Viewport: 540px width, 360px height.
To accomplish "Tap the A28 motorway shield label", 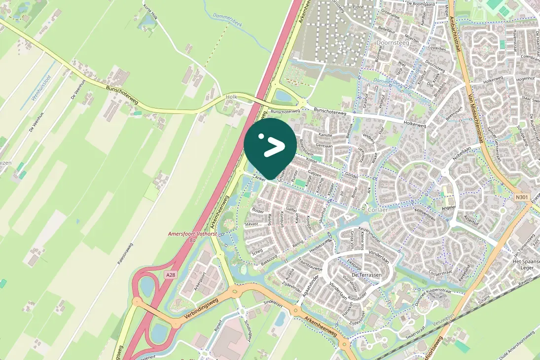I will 171,275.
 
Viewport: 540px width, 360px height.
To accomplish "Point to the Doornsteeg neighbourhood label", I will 390,43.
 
